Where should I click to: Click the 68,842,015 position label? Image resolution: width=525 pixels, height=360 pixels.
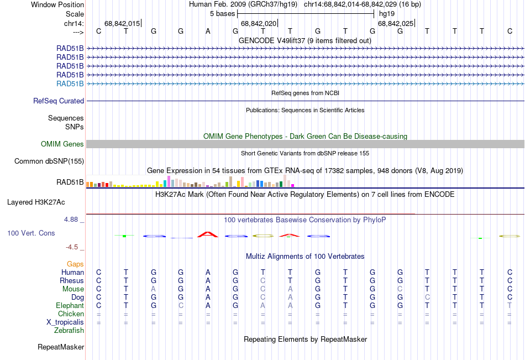pos(122,23)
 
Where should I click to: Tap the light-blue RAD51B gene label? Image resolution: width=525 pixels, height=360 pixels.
pos(70,84)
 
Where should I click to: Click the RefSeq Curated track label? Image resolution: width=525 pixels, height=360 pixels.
pos(59,101)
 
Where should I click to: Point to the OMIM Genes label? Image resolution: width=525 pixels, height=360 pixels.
pos(62,144)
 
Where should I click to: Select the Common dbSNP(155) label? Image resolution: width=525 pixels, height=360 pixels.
pos(49,161)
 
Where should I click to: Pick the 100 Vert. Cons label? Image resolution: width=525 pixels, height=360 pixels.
pos(31,233)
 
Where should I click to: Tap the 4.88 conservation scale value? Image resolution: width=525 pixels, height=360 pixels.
pos(72,220)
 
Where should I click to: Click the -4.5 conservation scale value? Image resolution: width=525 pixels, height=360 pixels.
pos(74,247)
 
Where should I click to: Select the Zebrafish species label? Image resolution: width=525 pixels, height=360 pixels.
pos(69,331)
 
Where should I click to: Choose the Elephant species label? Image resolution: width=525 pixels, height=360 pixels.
pos(70,306)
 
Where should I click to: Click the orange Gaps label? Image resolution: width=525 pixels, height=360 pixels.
pos(76,264)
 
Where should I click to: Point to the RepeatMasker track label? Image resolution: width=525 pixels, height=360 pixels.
pos(61,347)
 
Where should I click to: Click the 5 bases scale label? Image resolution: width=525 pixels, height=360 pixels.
pos(223,13)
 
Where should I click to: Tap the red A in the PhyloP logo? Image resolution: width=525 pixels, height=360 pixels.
pos(208,234)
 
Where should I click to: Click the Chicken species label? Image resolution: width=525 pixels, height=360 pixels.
pos(71,314)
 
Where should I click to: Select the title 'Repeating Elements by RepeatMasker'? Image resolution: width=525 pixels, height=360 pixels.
pos(305,339)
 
